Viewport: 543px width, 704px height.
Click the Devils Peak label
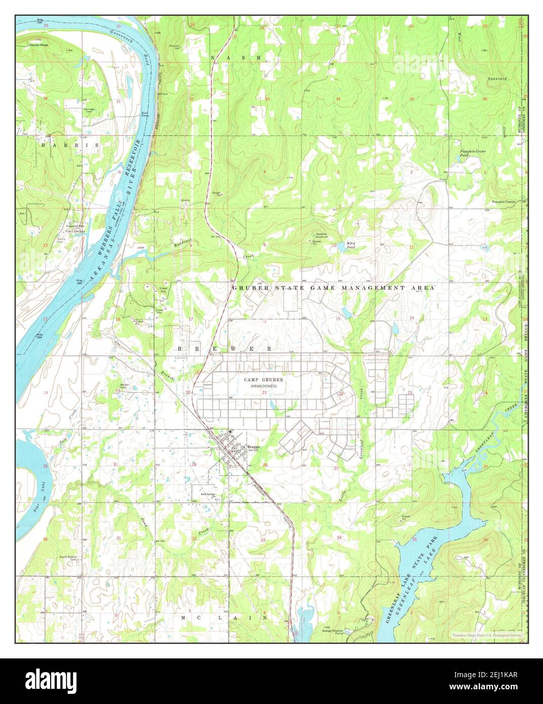click(38, 45)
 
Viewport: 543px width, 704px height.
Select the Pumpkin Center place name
click(503, 202)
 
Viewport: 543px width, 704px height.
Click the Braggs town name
click(254, 446)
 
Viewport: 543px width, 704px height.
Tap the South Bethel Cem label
click(68, 558)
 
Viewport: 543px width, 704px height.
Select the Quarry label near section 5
click(185, 200)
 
